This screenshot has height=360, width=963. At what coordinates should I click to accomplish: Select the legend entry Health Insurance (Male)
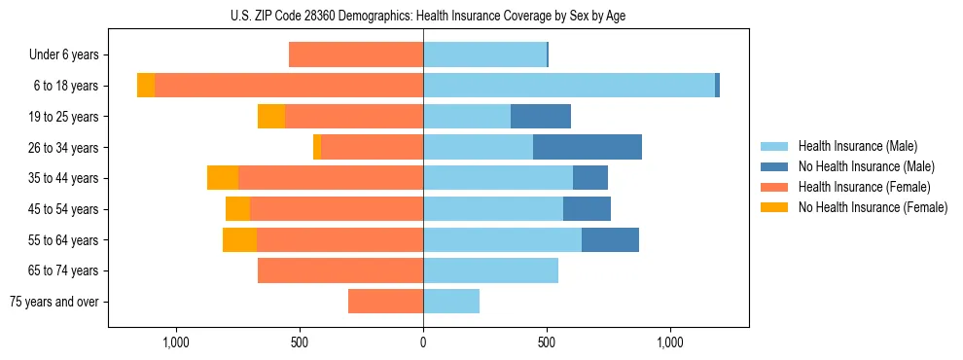pyautogui.click(x=857, y=146)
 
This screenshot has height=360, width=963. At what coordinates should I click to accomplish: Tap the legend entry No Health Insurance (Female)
pyautogui.click(x=873, y=207)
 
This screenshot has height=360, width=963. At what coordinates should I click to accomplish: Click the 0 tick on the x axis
pyautogui.click(x=423, y=342)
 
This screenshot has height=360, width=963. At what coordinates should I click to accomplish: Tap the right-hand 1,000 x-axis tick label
pyautogui.click(x=670, y=342)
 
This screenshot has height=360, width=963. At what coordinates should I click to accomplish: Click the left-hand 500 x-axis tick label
pyautogui.click(x=300, y=342)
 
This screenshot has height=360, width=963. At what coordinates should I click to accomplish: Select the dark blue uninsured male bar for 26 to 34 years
pyautogui.click(x=588, y=147)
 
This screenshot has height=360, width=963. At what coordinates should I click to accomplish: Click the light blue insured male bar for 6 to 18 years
pyautogui.click(x=569, y=86)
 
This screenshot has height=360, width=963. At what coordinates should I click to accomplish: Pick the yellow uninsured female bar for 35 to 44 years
pyautogui.click(x=223, y=178)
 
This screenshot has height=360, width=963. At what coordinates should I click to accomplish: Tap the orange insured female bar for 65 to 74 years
pyautogui.click(x=340, y=270)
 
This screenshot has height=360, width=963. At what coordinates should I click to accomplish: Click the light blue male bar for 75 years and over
pyautogui.click(x=451, y=302)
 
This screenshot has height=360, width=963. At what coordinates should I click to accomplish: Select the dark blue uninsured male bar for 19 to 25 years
pyautogui.click(x=541, y=117)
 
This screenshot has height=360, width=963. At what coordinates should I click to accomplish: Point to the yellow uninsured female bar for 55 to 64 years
pyautogui.click(x=239, y=239)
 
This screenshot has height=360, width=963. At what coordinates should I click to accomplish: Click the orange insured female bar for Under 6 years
pyautogui.click(x=356, y=55)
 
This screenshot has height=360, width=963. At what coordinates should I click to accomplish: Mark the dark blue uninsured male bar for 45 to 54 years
pyautogui.click(x=587, y=209)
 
